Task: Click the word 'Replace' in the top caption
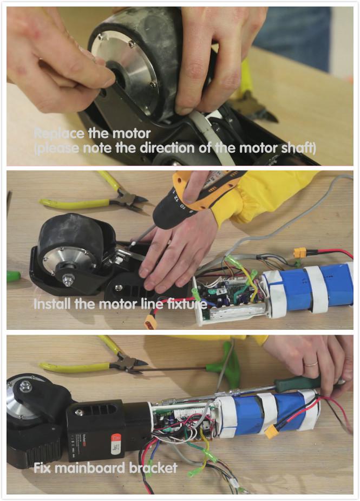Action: coord(57,133)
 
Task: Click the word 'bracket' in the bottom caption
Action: coord(158,467)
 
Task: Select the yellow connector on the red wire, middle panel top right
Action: coord(299,252)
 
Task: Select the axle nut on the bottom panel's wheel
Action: coord(25,386)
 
